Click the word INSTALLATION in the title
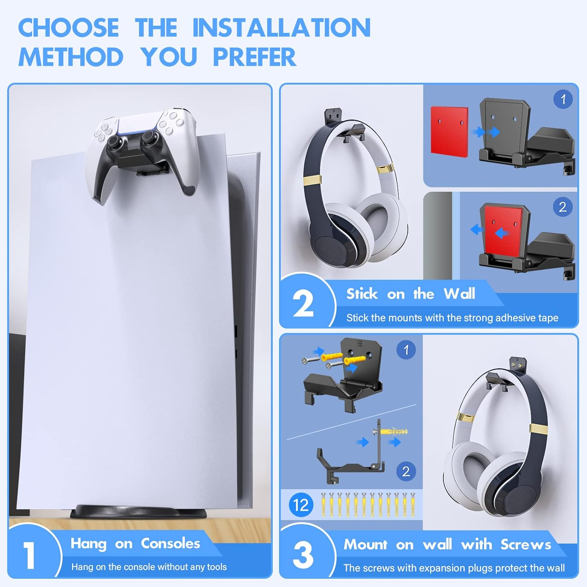coord(281,27)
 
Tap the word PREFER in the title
coord(254,57)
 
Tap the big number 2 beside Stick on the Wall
coord(303,304)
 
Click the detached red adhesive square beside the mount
coord(449,130)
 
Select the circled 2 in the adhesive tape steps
coord(562,207)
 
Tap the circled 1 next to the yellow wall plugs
coord(406,349)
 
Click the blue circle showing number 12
coord(301,505)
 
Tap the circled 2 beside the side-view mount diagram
coord(406,472)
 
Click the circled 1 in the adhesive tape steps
coord(563,99)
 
